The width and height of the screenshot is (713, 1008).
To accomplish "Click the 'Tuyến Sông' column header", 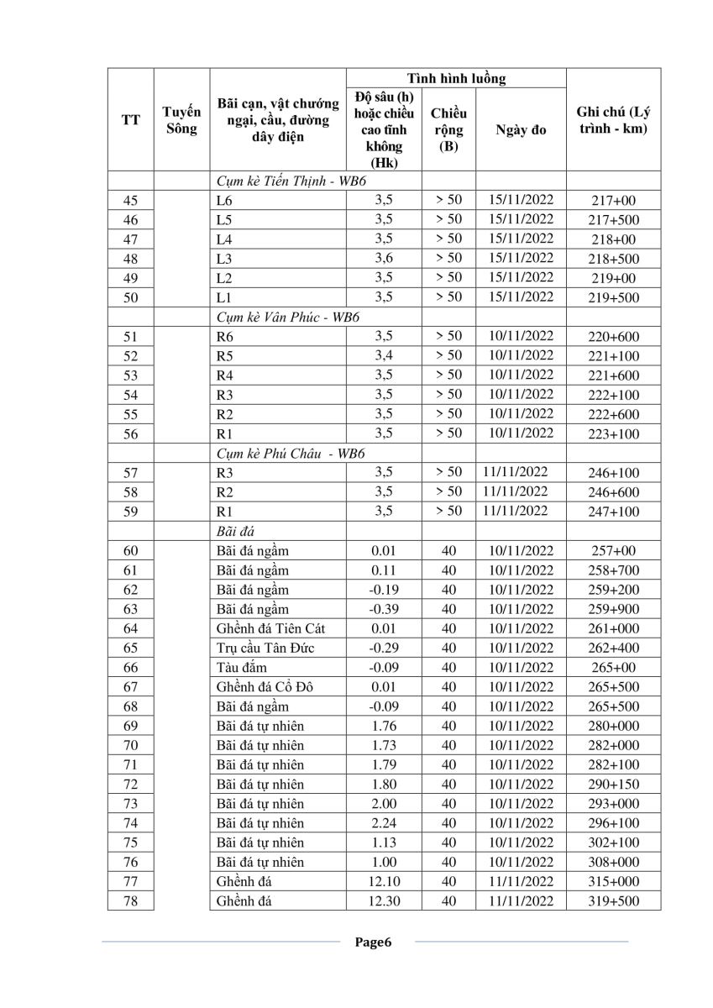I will (x=181, y=120).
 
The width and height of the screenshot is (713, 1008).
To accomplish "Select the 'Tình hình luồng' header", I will (x=456, y=78).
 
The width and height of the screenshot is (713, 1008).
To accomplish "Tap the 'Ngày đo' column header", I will (x=521, y=130).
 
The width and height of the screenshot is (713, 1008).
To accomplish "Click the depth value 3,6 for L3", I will (x=384, y=258).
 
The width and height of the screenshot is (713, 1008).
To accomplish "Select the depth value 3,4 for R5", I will (x=384, y=355).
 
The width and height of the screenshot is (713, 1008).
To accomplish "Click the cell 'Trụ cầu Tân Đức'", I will (x=265, y=648).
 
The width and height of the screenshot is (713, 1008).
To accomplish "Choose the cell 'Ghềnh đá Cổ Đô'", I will (x=265, y=687).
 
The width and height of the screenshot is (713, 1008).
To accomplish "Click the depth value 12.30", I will (x=384, y=900).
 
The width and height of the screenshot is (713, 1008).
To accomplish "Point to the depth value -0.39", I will (x=384, y=609).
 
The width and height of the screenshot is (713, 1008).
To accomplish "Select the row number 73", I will (x=130, y=804).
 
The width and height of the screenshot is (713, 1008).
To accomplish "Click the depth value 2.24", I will (x=384, y=823).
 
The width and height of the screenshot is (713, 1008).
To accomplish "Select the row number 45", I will (x=130, y=201).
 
